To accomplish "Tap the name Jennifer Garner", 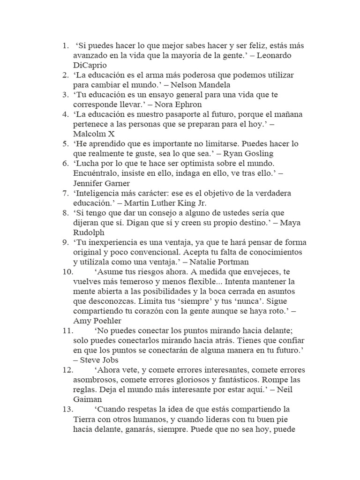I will coord(103,183).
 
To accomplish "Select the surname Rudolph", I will coord(89,232).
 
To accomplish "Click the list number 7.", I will coord(65,193).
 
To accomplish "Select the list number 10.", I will coord(67,271).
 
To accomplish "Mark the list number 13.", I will coord(67,409).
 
